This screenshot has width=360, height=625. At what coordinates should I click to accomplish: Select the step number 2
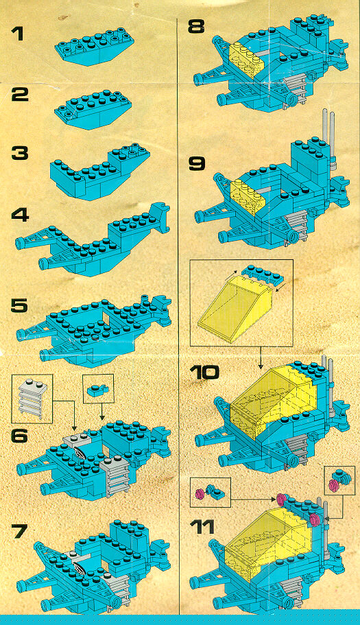(x=20, y=94)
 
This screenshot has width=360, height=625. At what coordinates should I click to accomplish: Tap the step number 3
(x=20, y=154)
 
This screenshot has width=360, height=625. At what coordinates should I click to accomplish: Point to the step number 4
(x=20, y=215)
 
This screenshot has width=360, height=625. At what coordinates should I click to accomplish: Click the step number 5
(x=19, y=306)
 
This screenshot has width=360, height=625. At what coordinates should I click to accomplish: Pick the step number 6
(x=19, y=436)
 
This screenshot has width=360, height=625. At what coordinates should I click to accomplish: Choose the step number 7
(x=19, y=531)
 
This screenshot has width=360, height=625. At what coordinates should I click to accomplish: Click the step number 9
(x=197, y=163)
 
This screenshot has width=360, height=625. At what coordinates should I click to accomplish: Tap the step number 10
(x=204, y=373)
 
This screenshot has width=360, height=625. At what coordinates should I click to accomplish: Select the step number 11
(x=202, y=528)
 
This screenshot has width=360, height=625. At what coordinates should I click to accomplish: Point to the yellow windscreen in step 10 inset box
(x=234, y=308)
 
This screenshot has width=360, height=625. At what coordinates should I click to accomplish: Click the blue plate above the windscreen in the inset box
(x=261, y=272)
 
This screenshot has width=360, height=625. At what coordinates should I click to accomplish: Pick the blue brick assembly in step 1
(x=95, y=46)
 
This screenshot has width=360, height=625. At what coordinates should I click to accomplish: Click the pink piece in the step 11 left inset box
(x=200, y=494)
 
